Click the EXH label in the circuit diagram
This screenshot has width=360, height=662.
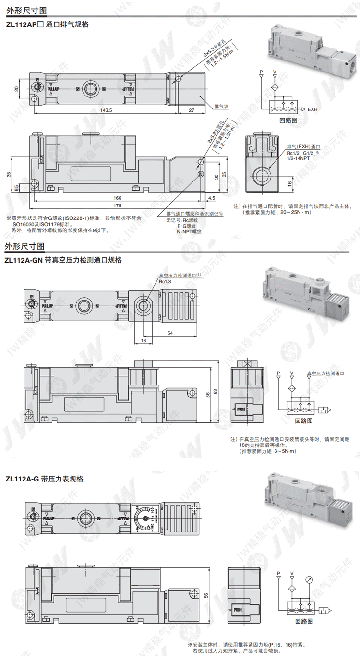coord(312,108)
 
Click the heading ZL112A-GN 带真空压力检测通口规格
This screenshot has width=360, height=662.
coord(63,260)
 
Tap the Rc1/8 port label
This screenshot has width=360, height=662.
coord(165,282)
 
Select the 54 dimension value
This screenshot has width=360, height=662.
coord(169,333)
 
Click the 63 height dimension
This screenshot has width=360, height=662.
coord(222,392)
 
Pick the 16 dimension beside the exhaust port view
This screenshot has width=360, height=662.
coord(289,183)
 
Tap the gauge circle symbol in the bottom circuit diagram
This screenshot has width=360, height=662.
coord(310,579)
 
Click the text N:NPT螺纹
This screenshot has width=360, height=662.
coord(189,231)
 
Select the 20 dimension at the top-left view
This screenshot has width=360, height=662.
coord(16,88)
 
